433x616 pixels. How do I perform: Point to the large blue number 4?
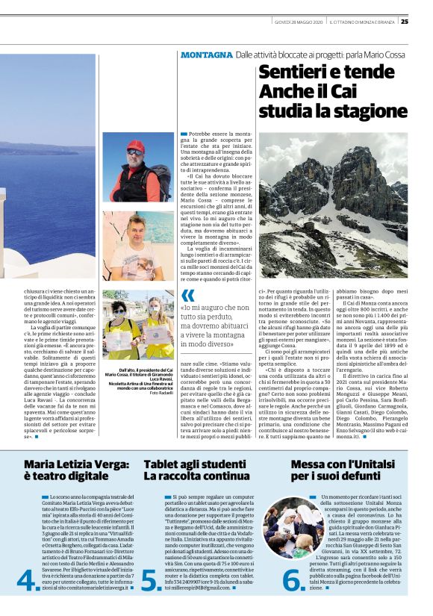tap(28, 580)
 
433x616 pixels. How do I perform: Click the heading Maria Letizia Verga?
tap(72, 464)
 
